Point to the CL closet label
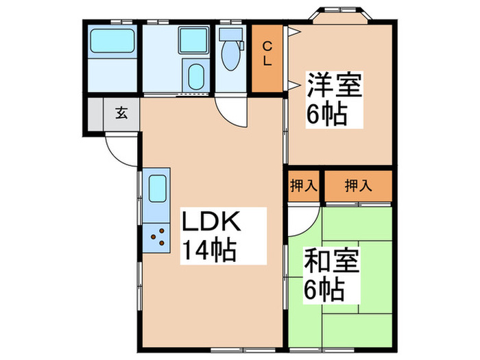268,54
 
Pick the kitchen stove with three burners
158,235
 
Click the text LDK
210,224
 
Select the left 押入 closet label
302,184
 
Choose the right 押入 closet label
357,184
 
